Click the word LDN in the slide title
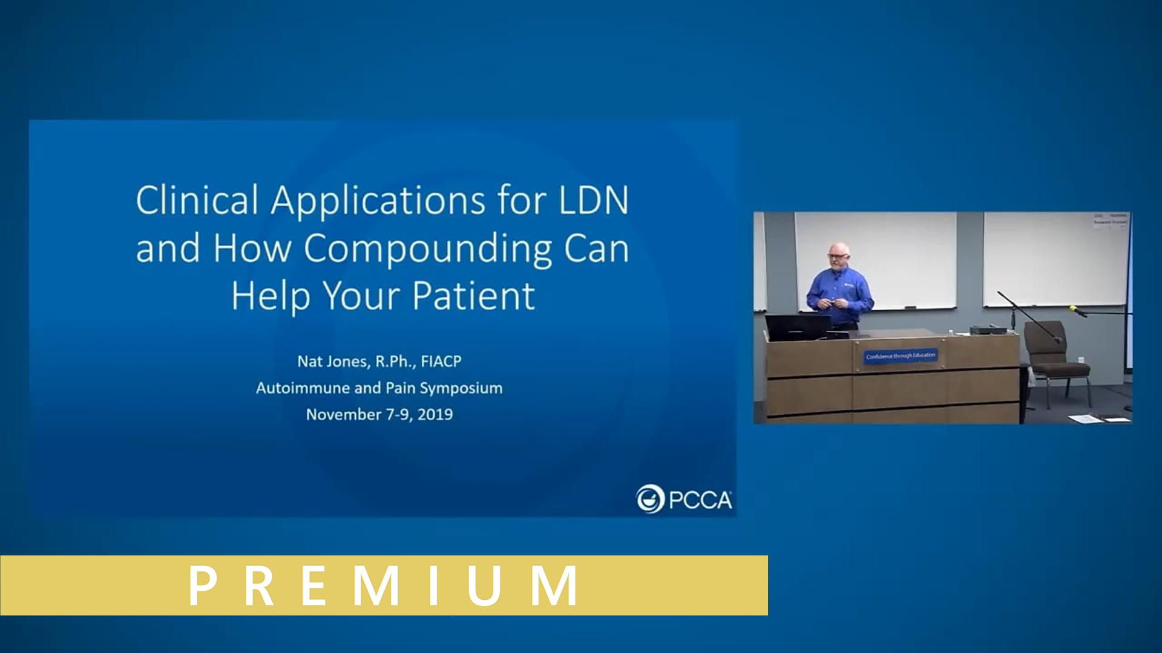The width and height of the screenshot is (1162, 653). [x=594, y=200]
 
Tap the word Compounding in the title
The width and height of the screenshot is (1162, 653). [x=428, y=249]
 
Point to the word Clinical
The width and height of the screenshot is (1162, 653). [x=197, y=200]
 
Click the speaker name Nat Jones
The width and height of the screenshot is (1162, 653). [x=332, y=362]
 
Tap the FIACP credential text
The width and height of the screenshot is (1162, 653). [x=441, y=362]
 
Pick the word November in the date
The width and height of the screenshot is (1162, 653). [x=343, y=415]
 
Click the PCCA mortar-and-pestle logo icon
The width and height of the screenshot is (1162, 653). [x=650, y=499]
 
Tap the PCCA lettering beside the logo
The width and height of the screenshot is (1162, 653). [x=700, y=501]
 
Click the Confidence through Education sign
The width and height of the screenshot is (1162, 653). [x=900, y=356]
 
